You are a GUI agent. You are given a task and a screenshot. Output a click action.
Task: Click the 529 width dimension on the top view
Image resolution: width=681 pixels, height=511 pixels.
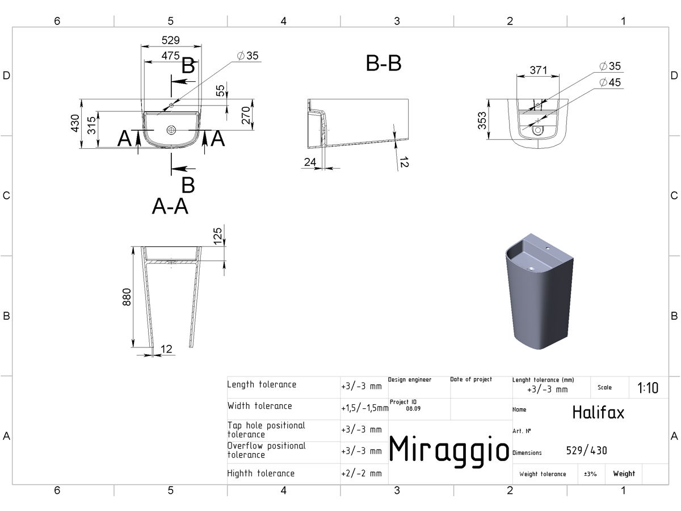171,40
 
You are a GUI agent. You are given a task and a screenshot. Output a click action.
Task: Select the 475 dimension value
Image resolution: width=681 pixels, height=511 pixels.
171,56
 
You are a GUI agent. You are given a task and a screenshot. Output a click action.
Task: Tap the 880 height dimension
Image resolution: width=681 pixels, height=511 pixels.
127,297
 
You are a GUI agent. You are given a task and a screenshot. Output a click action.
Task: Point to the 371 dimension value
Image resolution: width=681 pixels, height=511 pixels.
539,70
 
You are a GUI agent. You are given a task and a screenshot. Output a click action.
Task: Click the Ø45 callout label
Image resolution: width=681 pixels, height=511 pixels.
610,82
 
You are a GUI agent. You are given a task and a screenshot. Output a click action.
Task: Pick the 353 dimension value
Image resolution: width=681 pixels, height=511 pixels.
482,120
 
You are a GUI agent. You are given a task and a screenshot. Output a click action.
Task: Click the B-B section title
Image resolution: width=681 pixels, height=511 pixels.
384,63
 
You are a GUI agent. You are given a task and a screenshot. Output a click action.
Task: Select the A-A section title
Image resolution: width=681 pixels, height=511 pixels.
170,206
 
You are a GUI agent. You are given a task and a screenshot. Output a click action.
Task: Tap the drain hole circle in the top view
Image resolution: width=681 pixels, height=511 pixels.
171,130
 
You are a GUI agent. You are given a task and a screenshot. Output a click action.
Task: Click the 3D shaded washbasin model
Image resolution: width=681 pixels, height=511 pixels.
539,292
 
